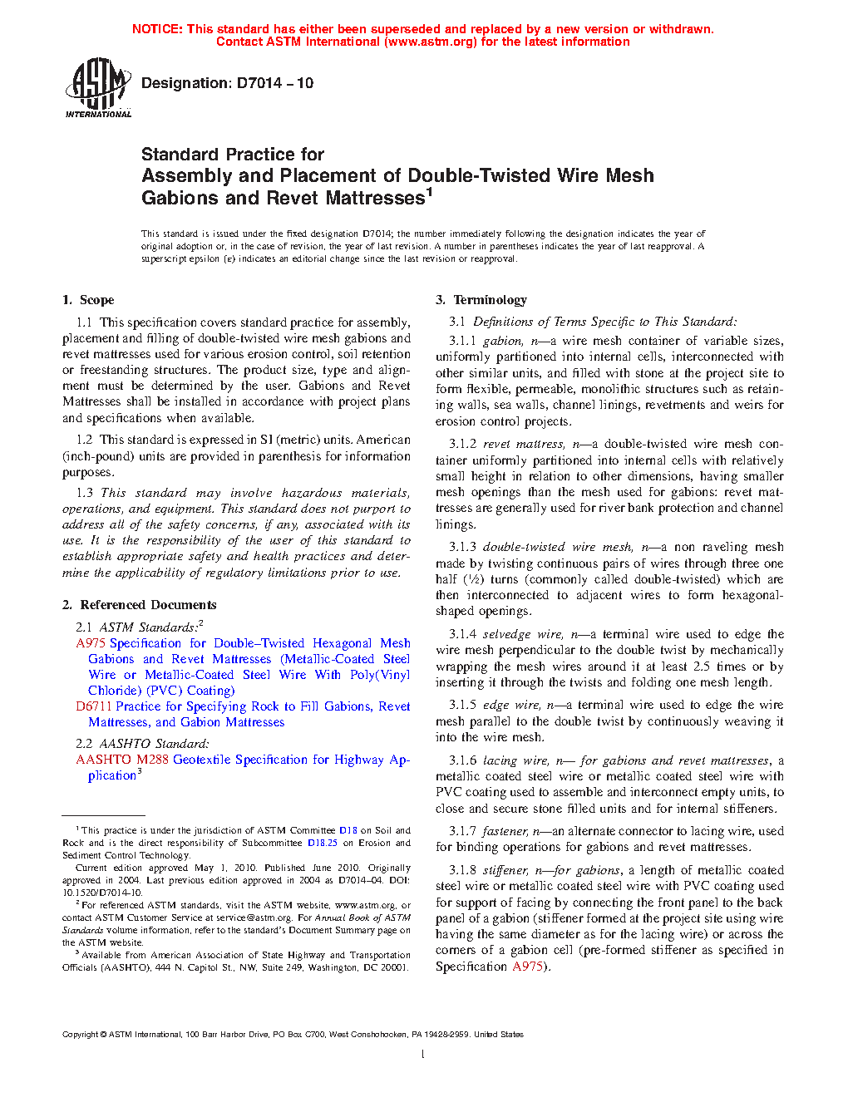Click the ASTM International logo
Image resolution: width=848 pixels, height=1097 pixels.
click(x=98, y=88)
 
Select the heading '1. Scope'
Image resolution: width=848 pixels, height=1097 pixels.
click(x=88, y=300)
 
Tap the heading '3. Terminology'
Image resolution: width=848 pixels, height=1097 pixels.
click(x=481, y=300)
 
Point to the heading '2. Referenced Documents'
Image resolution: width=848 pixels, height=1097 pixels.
click(x=140, y=605)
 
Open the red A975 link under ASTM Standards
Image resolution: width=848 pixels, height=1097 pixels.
click(x=91, y=643)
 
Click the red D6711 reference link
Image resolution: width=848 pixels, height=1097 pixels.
click(x=94, y=706)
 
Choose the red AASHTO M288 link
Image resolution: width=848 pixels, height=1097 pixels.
click(x=121, y=760)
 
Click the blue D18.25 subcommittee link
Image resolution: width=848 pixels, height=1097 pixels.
click(x=323, y=843)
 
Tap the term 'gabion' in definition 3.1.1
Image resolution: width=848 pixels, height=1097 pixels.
click(x=503, y=341)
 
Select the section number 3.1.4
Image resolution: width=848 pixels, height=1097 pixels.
click(x=463, y=634)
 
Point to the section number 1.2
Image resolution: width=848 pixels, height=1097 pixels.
click(x=84, y=440)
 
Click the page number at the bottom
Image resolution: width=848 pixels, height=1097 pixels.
click(x=423, y=1055)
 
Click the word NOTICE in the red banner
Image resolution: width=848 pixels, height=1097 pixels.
click(x=157, y=29)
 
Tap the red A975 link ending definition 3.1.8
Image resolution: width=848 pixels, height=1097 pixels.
click(x=527, y=967)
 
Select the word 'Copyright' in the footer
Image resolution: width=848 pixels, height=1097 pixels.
click(x=80, y=1035)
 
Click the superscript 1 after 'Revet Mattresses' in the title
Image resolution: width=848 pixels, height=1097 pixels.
click(x=430, y=192)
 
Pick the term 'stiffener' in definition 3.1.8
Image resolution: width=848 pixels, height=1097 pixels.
click(x=505, y=870)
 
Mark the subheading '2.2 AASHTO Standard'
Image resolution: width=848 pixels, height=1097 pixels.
click(x=142, y=744)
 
